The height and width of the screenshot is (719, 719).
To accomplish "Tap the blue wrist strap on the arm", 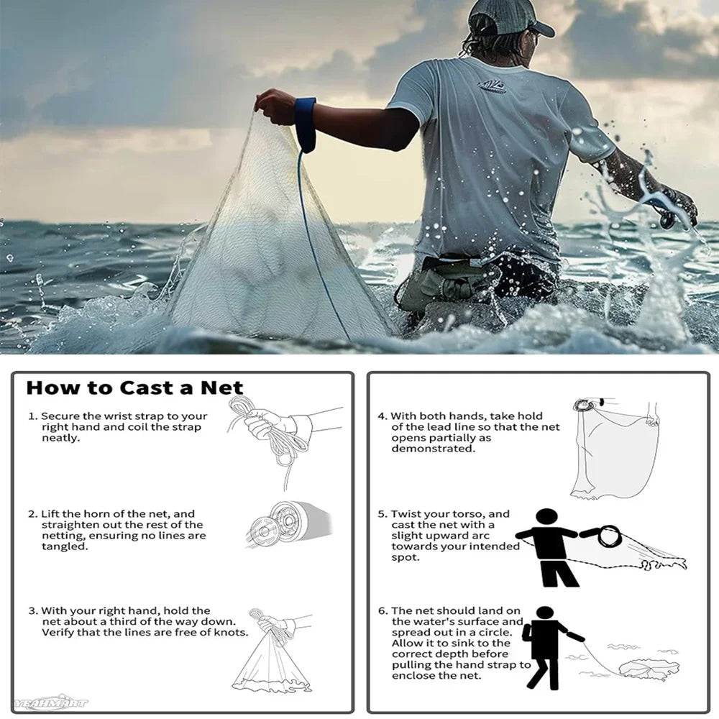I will [x=305, y=123].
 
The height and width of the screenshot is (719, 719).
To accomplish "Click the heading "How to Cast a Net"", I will [x=134, y=388].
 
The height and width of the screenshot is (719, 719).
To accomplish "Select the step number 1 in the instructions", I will [x=32, y=416].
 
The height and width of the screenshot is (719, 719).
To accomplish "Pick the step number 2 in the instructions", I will [x=32, y=514].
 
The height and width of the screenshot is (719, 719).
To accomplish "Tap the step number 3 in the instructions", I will [x=32, y=610].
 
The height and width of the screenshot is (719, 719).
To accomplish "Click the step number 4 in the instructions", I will [x=382, y=416].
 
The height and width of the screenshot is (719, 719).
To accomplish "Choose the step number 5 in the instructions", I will [x=382, y=514].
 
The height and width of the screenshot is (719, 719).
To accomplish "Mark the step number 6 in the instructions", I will [x=382, y=610].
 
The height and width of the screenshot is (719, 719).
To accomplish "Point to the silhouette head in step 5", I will [x=547, y=518].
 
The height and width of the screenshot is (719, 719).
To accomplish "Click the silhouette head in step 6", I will [x=545, y=614].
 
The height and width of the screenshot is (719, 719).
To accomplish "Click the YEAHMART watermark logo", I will [x=50, y=702].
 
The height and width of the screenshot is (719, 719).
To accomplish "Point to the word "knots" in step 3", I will [x=231, y=633].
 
